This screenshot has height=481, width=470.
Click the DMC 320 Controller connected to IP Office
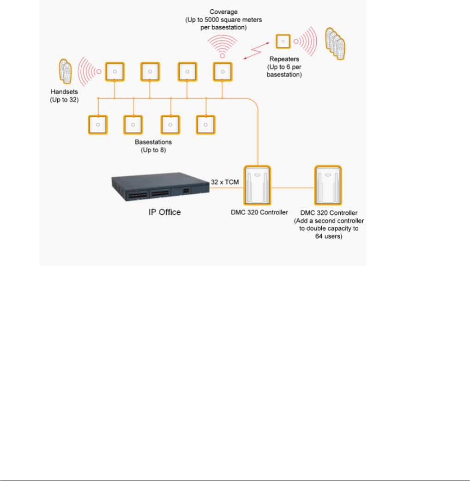click(x=258, y=186)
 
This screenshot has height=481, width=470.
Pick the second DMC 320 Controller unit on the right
click(x=328, y=186)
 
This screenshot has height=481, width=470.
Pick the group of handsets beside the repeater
click(x=335, y=44)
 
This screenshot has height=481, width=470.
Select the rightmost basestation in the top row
click(x=222, y=72)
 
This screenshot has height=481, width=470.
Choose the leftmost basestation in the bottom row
click(x=98, y=124)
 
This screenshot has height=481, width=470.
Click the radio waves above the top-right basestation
click(x=223, y=45)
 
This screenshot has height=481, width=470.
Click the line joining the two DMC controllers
click(x=293, y=187)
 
